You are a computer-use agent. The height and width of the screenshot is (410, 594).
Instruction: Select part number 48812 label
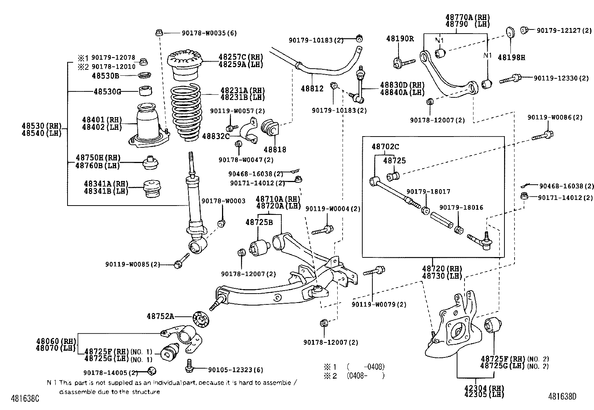click(312, 89)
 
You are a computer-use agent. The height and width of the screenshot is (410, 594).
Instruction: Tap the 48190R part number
click(400, 38)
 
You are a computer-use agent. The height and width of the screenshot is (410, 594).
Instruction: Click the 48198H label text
click(512, 57)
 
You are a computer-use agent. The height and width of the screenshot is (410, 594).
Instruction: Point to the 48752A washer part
click(200, 319)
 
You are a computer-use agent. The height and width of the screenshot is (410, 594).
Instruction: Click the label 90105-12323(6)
click(235, 370)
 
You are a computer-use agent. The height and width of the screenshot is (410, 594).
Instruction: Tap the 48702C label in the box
click(385, 147)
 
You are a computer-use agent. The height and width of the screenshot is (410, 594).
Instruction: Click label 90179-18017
click(428, 191)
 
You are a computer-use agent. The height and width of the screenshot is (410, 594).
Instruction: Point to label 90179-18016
click(461, 207)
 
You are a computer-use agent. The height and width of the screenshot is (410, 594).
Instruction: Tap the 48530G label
click(107, 91)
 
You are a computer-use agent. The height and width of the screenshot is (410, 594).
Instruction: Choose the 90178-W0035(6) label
click(209, 33)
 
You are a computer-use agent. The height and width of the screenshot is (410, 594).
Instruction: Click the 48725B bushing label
click(259, 222)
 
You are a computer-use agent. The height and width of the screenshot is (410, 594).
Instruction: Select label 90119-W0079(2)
click(379, 304)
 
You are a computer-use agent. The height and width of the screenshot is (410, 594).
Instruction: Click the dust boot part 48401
click(149, 125)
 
